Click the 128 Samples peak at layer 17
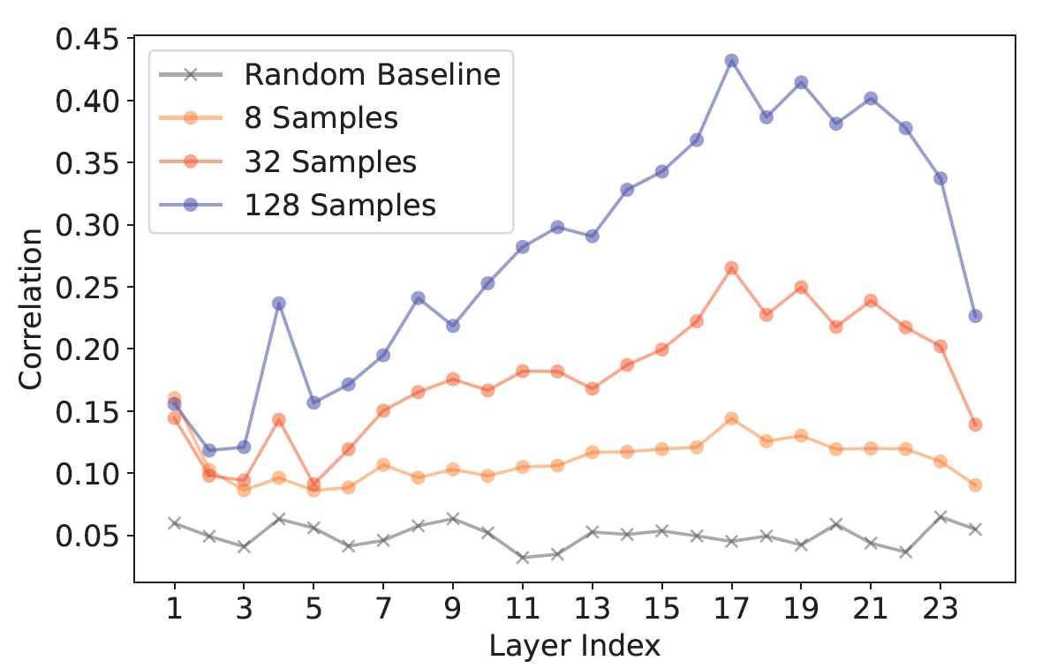[731, 61]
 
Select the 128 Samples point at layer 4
[279, 304]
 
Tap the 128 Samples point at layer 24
[975, 316]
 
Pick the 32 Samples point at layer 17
[731, 268]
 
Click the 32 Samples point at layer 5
[313, 484]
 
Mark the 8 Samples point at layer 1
[174, 399]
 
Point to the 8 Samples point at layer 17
[731, 418]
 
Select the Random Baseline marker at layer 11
[522, 558]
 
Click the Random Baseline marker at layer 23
[940, 516]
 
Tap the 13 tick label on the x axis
[592, 610]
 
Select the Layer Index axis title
[574, 646]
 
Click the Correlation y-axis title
[32, 309]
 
